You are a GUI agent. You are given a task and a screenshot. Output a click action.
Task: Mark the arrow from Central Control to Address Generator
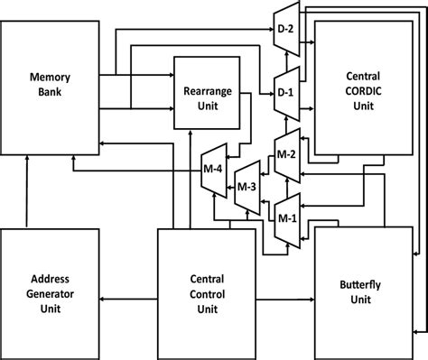coord(131,297)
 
